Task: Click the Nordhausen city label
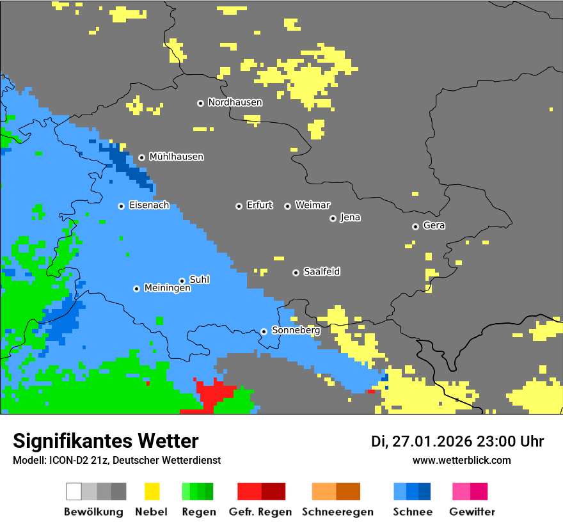[x=235, y=102]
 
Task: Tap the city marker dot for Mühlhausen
[x=141, y=157]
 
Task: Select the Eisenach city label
[x=149, y=205]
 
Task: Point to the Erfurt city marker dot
[x=239, y=206]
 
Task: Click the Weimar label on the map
[x=312, y=205]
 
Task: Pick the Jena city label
[x=350, y=218]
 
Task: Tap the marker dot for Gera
[x=415, y=226]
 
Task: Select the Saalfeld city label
[x=321, y=272]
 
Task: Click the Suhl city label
[x=200, y=280]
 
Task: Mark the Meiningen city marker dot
[x=136, y=289]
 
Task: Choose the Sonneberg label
[x=296, y=331]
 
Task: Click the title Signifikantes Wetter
[x=106, y=441]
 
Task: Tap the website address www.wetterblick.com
[x=461, y=461]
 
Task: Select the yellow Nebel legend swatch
[x=152, y=491]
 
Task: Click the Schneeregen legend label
[x=337, y=512]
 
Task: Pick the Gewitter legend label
[x=472, y=512]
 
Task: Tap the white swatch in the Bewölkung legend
[x=74, y=491]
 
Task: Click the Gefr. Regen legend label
[x=260, y=512]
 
